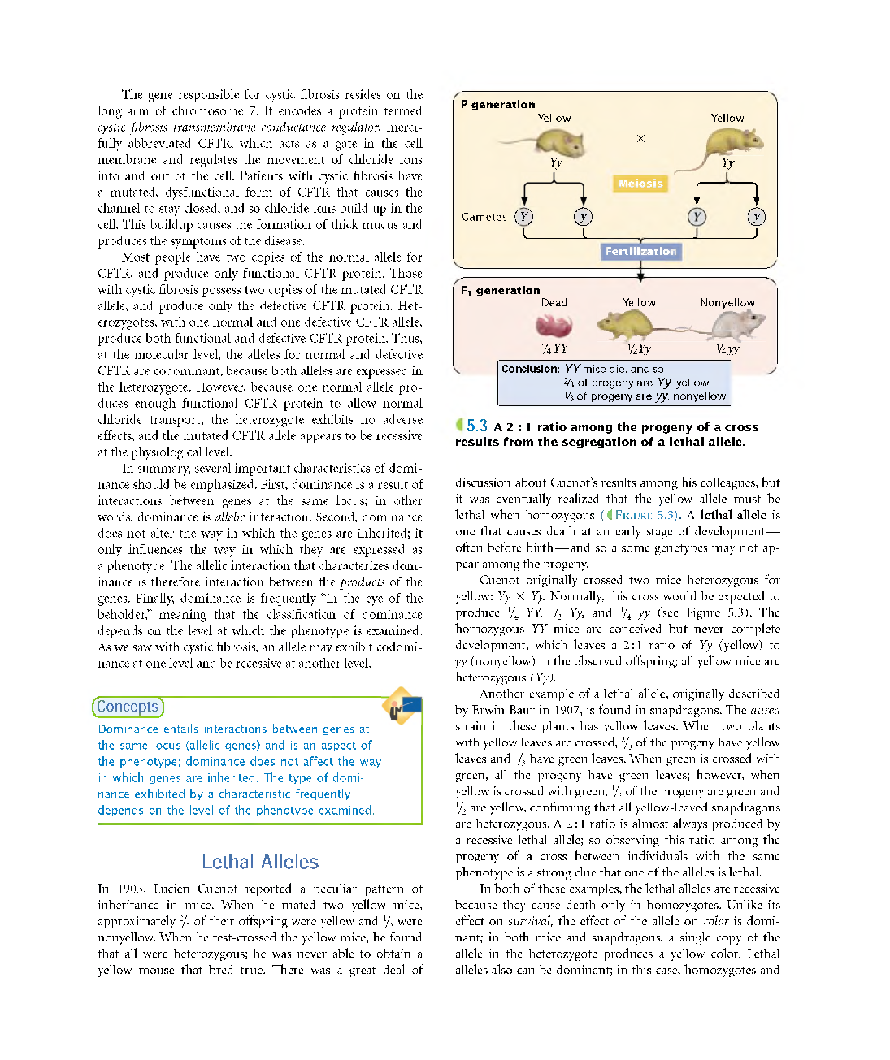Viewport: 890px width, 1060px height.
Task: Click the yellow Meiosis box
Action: coord(640,184)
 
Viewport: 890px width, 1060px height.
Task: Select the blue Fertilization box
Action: coord(640,252)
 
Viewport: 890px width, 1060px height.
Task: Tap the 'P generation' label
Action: coord(497,104)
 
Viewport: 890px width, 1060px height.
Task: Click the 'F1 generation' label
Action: coord(500,290)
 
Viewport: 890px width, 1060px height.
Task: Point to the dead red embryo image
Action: coord(554,326)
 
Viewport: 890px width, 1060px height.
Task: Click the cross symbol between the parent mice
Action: coord(640,139)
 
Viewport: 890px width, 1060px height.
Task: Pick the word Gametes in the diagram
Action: coord(484,217)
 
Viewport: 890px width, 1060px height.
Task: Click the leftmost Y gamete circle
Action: coord(524,217)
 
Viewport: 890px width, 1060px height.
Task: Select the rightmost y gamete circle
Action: coord(757,217)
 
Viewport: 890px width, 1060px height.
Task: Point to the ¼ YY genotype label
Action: coord(555,348)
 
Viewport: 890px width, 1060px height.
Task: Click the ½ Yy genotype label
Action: coord(639,348)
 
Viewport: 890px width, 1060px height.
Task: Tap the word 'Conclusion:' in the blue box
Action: coord(530,369)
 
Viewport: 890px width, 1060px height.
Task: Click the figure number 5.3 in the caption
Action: coord(476,426)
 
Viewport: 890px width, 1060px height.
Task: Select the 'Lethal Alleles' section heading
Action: coord(260,862)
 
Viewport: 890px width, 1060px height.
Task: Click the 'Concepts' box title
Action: coord(128,707)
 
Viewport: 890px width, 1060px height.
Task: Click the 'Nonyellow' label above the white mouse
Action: coord(727,302)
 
